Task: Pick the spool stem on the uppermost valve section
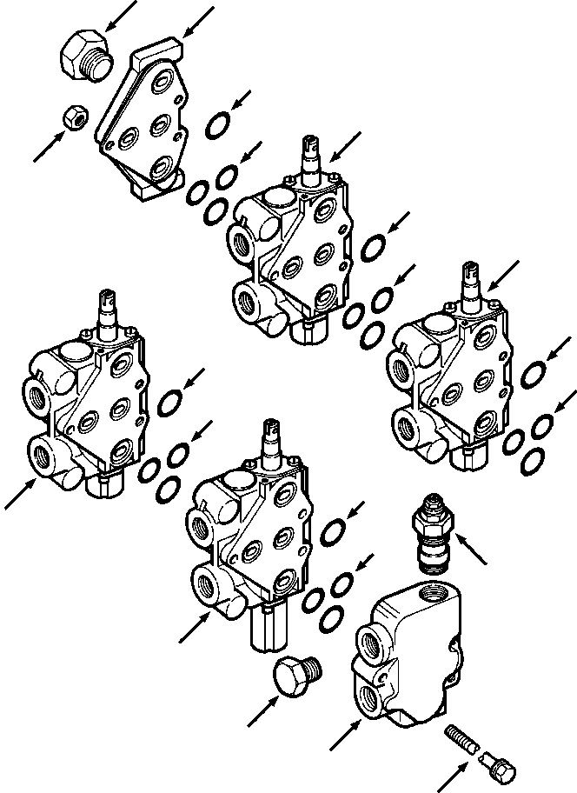pyautogui.click(x=313, y=161)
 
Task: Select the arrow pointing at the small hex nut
pyautogui.click(x=48, y=146)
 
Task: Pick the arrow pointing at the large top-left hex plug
pyautogui.click(x=119, y=15)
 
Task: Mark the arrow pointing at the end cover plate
pyautogui.click(x=197, y=19)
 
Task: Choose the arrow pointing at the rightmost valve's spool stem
pyautogui.click(x=504, y=274)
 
